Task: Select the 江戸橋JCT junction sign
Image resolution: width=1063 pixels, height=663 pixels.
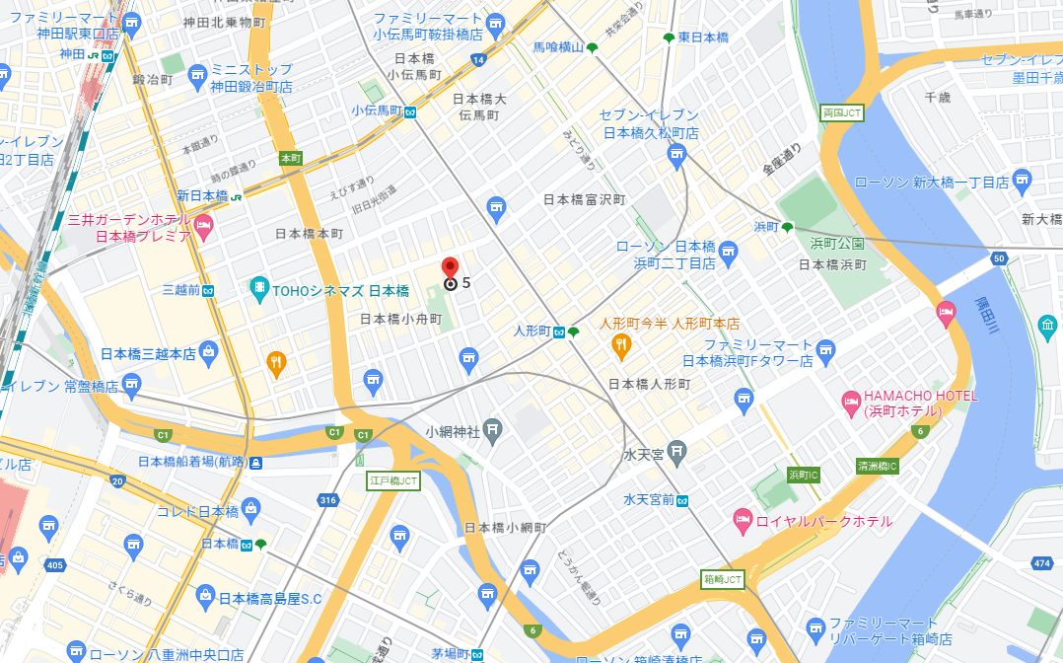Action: click(x=393, y=481)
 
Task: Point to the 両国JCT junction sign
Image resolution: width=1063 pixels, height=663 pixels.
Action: click(x=841, y=113)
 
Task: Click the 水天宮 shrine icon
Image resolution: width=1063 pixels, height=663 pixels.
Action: click(x=675, y=454)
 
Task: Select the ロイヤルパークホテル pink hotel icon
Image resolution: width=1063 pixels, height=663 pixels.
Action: click(x=743, y=519)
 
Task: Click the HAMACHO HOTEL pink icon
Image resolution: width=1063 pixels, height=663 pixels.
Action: click(x=849, y=401)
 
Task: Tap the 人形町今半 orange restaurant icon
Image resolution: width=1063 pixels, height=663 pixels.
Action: click(x=620, y=343)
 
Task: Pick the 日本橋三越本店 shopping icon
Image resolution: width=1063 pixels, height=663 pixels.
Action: click(x=208, y=351)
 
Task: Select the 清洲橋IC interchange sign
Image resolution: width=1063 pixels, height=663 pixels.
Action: click(x=877, y=466)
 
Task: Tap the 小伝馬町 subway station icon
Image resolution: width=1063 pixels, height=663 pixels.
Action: click(x=409, y=111)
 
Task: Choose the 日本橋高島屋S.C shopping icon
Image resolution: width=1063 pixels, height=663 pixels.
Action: click(x=205, y=595)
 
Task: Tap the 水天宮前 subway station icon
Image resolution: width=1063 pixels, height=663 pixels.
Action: click(x=682, y=500)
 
